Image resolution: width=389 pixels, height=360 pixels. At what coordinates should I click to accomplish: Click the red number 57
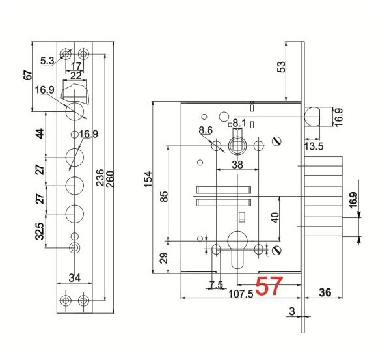pyautogui.click(x=269, y=286)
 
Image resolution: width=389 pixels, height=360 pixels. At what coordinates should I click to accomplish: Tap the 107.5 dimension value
pyautogui.click(x=241, y=294)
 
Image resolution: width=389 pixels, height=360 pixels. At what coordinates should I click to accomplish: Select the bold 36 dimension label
pyautogui.click(x=325, y=292)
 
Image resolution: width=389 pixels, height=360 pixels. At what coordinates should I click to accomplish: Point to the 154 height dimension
pyautogui.click(x=148, y=179)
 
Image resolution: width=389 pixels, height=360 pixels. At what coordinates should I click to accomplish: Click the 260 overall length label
pyautogui.click(x=109, y=179)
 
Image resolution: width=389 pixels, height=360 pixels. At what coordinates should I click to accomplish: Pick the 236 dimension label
pyautogui.click(x=100, y=178)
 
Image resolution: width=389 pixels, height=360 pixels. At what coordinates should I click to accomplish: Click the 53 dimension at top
pyautogui.click(x=281, y=67)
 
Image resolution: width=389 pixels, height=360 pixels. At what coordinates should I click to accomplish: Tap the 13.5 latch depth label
pyautogui.click(x=314, y=146)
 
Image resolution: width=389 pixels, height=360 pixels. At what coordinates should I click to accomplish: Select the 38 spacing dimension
pyautogui.click(x=237, y=165)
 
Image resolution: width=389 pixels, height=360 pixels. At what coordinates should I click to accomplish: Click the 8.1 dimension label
pyautogui.click(x=239, y=122)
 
